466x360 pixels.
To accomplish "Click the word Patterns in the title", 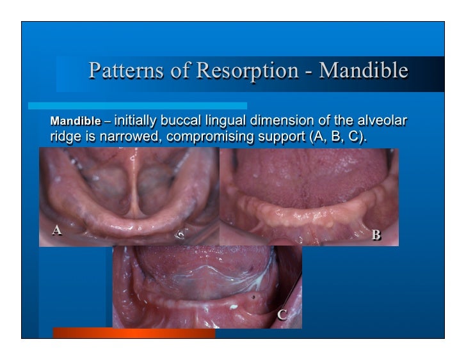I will tap(118, 70).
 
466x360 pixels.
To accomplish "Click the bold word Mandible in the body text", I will tap(76, 121).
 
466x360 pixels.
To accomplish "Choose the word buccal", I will tap(184, 120).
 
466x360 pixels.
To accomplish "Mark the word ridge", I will tap(64, 136).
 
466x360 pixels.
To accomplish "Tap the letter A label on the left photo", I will tap(57, 230).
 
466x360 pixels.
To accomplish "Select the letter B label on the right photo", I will tap(376, 236).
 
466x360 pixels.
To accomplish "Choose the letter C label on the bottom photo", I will tap(281, 314).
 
